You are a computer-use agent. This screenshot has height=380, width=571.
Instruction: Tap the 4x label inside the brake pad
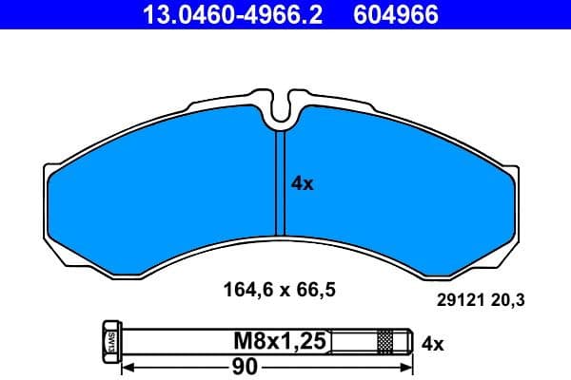tap(302, 184)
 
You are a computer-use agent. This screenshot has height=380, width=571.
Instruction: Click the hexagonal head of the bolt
tap(108, 340)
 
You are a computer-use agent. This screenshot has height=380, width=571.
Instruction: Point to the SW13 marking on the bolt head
tap(108, 340)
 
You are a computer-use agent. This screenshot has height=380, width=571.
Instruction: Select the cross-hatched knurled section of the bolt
tap(385, 340)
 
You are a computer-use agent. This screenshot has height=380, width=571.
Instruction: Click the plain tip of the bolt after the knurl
tap(402, 340)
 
